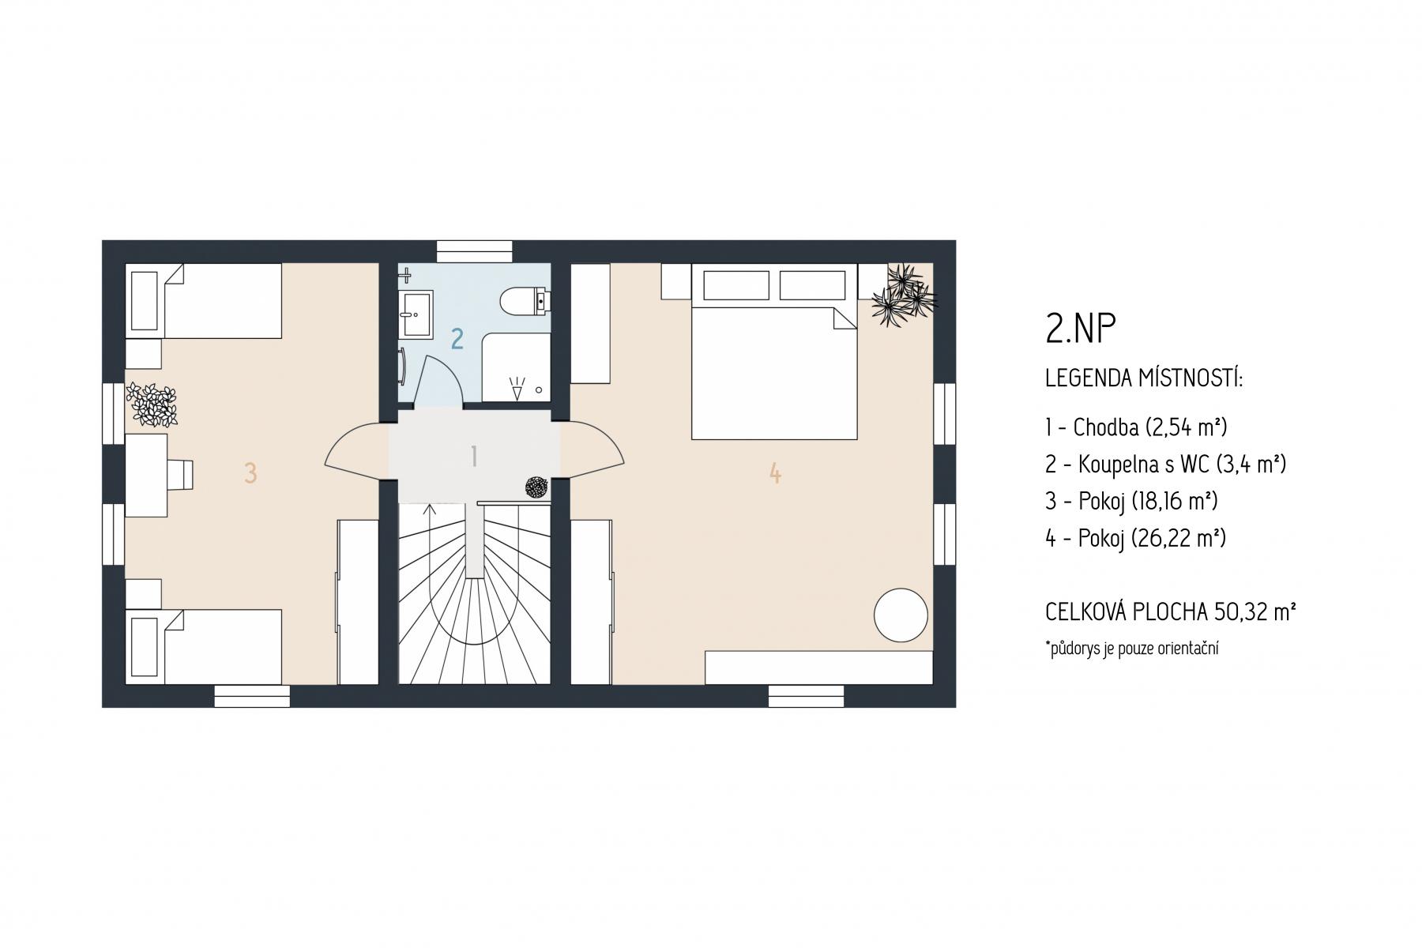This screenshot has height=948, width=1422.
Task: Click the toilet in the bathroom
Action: click(x=525, y=301)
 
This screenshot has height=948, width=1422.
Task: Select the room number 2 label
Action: click(x=457, y=338)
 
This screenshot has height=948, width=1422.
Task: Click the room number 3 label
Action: click(x=250, y=473)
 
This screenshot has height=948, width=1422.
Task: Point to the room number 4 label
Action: click(x=775, y=473)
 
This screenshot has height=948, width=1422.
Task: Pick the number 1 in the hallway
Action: click(x=474, y=456)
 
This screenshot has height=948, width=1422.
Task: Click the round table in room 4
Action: click(x=901, y=615)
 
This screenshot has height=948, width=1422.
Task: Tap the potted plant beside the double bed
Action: click(x=904, y=295)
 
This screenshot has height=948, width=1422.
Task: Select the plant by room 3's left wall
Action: click(x=152, y=404)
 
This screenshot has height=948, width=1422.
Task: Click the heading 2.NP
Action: click(x=1081, y=330)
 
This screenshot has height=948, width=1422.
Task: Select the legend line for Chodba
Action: click(x=1136, y=427)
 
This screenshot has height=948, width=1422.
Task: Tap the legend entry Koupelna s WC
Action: click(x=1166, y=465)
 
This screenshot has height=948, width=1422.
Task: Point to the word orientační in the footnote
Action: click(x=1181, y=649)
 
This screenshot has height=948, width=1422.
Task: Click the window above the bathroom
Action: click(x=474, y=251)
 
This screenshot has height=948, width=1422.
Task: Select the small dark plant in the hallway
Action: click(x=537, y=487)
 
